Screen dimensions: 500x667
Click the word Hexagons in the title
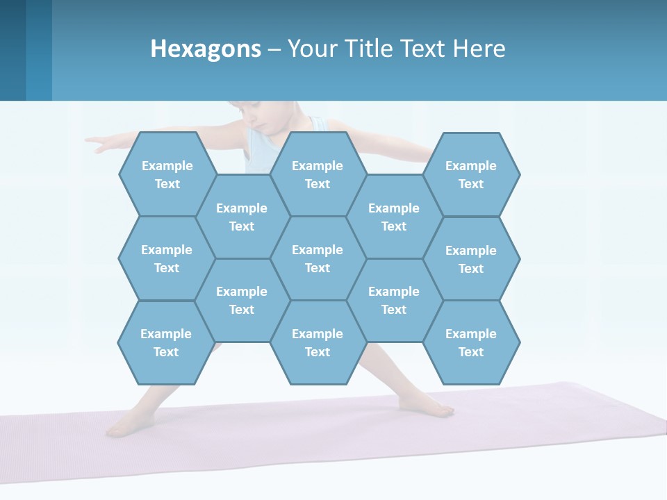click(x=206, y=49)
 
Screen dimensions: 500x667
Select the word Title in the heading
click(x=372, y=49)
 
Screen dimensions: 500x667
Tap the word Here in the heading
click(x=479, y=49)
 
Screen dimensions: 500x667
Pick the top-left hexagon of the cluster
click(x=167, y=174)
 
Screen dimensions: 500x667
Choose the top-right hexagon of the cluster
click(x=471, y=174)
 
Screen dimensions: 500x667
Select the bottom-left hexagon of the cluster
click(x=166, y=342)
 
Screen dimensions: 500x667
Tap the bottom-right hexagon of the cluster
click(x=471, y=342)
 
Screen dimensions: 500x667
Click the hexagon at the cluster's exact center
click(x=318, y=258)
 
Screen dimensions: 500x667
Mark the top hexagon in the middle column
click(x=318, y=174)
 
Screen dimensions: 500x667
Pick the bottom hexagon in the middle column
click(x=318, y=342)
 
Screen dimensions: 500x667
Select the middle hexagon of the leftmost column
click(x=167, y=258)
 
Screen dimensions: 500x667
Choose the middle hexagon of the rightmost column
click(x=471, y=259)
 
